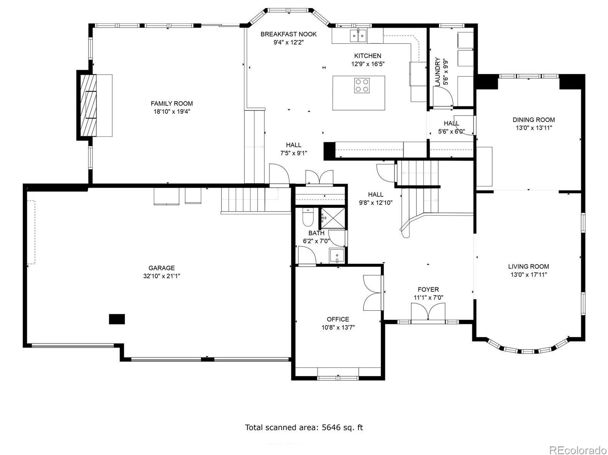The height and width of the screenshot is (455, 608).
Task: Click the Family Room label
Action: coord(171,103)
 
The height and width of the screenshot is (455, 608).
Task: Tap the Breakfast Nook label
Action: coord(288,34)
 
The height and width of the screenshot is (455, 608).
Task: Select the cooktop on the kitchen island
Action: coord(362,85)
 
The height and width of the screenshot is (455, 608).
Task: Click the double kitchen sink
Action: coord(358,35)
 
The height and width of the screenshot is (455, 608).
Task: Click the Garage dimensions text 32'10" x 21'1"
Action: coord(161,276)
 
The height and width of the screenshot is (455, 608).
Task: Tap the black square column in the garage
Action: coord(117,319)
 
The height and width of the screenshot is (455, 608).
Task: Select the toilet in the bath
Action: coord(307,217)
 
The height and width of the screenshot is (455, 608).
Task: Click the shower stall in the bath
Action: coord(333,218)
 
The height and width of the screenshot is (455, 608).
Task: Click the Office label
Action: coord(338,319)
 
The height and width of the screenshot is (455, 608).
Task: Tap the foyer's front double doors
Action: coord(428,312)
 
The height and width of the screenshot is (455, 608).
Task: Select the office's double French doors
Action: coord(373,293)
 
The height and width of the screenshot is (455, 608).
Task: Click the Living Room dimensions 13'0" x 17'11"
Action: coord(529,275)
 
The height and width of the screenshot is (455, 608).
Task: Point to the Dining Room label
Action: coord(534,120)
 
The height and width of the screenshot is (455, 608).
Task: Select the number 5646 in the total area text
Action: coord(331,427)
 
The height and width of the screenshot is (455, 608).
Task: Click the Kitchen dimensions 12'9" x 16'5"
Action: coord(368,64)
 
